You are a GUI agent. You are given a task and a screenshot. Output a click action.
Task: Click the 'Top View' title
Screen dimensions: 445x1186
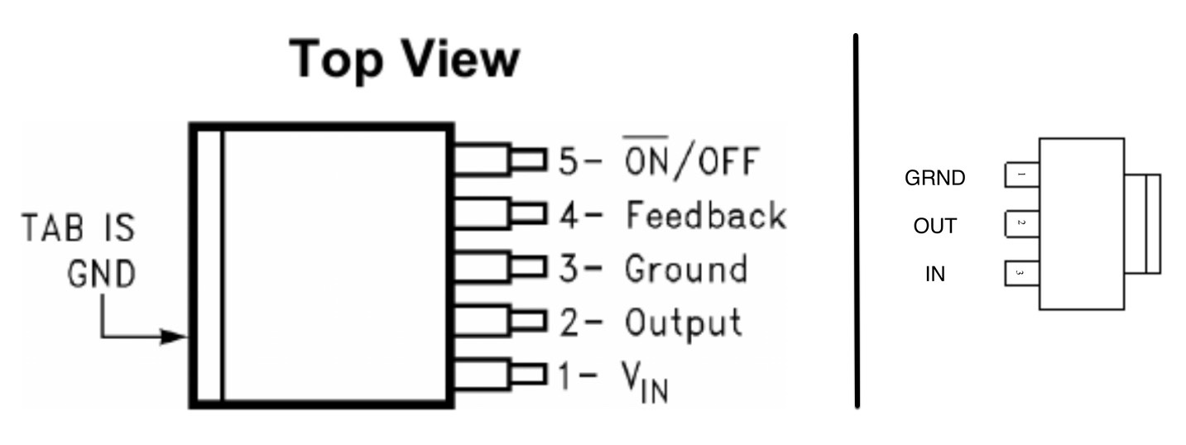[x=405, y=60]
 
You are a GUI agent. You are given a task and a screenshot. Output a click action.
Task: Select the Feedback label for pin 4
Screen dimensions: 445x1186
[x=705, y=215]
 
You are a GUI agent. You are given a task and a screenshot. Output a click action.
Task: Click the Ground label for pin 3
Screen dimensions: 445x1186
[x=685, y=270]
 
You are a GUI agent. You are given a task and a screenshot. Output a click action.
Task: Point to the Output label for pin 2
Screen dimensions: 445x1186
[x=683, y=323]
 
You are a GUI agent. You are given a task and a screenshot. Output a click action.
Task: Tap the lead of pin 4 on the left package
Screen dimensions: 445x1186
[x=501, y=214]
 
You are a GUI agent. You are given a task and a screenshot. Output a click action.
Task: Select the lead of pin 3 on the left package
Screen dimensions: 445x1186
[x=501, y=268]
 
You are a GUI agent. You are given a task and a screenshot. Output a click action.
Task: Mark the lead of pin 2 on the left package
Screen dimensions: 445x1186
[x=501, y=321]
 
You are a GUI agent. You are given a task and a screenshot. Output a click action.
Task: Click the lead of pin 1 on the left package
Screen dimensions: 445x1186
[x=501, y=375]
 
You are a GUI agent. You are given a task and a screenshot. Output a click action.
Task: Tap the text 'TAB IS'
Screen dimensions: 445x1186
[x=78, y=227]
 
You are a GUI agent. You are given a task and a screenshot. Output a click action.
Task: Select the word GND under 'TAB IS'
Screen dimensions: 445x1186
[x=100, y=274]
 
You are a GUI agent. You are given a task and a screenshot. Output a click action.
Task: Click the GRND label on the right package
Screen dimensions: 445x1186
[x=935, y=178]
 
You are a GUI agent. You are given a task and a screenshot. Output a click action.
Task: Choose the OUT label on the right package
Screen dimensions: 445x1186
[x=935, y=226]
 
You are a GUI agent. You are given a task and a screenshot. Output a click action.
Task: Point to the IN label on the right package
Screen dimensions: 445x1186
[x=935, y=274]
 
